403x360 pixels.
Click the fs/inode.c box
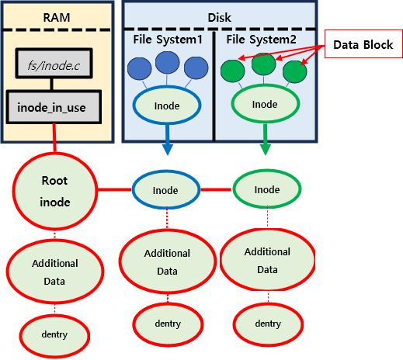click(x=54, y=63)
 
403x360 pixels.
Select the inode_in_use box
click(x=54, y=107)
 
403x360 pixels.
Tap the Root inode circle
click(x=55, y=191)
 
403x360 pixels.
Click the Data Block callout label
click(x=363, y=44)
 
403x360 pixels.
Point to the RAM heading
click(x=57, y=18)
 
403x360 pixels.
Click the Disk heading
click(x=220, y=18)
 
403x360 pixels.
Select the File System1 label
click(x=168, y=40)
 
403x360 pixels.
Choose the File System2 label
click(x=262, y=40)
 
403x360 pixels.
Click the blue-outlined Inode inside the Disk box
click(x=167, y=106)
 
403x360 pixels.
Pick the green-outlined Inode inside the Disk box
click(x=266, y=104)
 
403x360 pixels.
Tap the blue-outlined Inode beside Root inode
click(x=166, y=189)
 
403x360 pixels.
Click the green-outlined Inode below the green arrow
click(x=267, y=189)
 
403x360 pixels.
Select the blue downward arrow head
click(x=168, y=150)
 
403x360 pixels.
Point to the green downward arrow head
click(x=266, y=150)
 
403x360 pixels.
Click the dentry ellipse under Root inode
click(x=54, y=335)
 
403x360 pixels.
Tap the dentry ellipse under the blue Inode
click(x=168, y=324)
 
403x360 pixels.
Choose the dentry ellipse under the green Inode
click(x=268, y=324)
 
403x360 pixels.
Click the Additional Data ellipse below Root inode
click(x=55, y=272)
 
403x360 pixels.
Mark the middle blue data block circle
click(x=168, y=63)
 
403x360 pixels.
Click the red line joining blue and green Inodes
click(x=216, y=190)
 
